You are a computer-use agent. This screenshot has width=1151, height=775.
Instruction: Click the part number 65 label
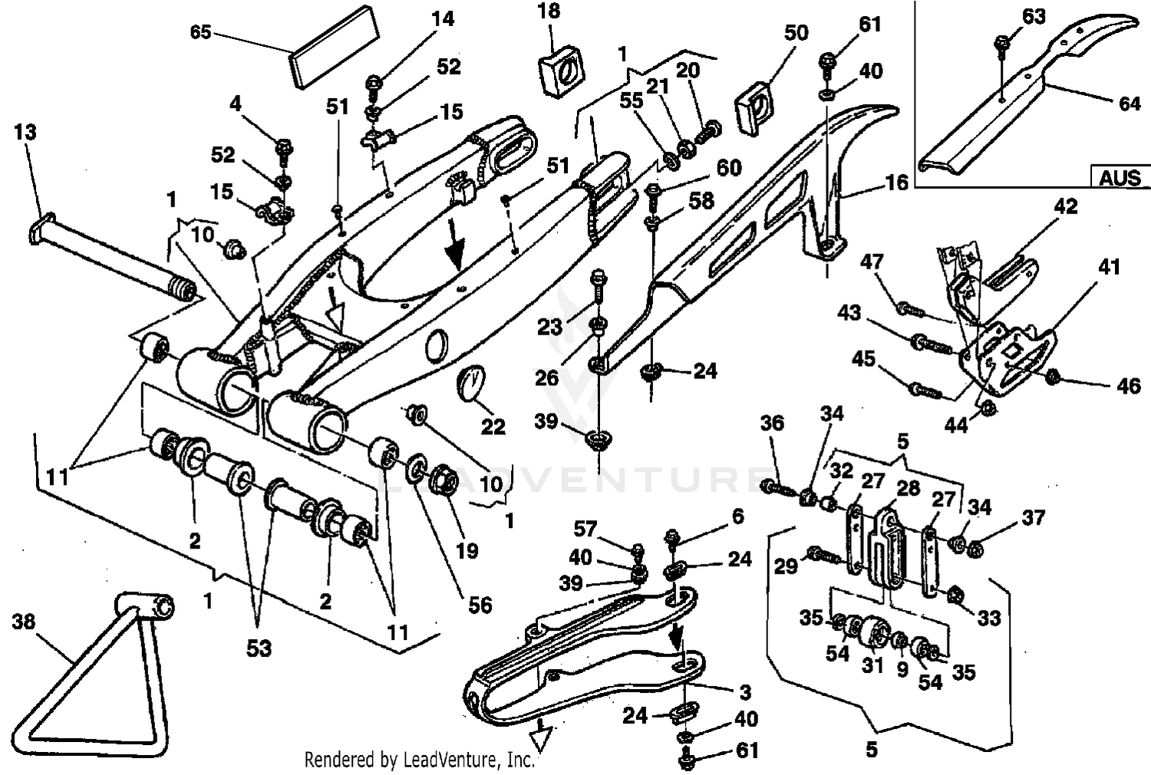(200, 33)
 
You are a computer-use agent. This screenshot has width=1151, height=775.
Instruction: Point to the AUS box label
(1120, 177)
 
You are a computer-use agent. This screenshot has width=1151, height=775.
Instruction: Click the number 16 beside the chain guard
(896, 182)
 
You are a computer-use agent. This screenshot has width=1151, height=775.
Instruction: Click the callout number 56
(480, 605)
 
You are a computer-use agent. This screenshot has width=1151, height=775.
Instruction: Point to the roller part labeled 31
(869, 634)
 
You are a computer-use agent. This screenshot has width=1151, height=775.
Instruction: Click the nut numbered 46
(1054, 377)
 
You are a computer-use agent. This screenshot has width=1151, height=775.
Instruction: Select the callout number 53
(259, 648)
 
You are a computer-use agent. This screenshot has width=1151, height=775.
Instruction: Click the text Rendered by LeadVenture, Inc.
(419, 760)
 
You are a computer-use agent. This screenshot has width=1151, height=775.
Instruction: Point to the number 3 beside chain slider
(744, 693)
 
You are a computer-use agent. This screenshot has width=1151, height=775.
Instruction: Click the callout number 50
(796, 33)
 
